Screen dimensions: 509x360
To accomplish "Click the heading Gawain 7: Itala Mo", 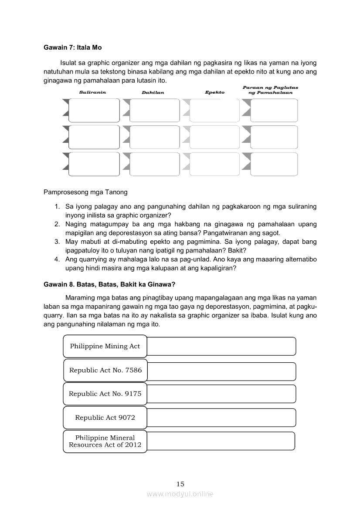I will click(x=72, y=47).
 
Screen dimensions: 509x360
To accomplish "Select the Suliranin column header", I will click(x=92, y=92).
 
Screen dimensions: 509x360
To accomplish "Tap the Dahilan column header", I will click(x=153, y=92).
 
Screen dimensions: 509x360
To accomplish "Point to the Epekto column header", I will click(x=214, y=92).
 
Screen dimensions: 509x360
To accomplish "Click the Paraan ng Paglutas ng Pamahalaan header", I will click(x=270, y=90).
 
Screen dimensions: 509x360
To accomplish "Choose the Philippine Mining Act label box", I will click(x=105, y=346).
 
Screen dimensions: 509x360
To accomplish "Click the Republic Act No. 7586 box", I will click(x=105, y=370).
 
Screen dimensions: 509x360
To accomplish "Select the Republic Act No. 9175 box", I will click(x=105, y=394).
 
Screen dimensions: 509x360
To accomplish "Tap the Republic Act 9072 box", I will click(x=105, y=418).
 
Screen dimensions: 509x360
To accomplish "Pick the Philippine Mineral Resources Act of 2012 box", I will click(x=105, y=442).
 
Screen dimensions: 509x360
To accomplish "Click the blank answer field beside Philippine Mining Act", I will click(x=221, y=346).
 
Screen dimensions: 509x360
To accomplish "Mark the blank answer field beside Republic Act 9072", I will click(x=221, y=418).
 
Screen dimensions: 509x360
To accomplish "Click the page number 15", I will click(x=180, y=484).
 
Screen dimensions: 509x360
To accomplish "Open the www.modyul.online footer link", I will click(x=180, y=494).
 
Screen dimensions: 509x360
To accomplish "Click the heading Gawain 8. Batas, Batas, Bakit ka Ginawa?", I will click(x=109, y=285).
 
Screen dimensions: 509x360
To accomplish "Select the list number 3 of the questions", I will click(x=57, y=241).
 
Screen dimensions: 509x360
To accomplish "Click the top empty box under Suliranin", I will click(x=94, y=110).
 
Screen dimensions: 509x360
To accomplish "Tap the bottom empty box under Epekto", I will click(x=215, y=164).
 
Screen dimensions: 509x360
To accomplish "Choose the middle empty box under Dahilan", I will click(x=154, y=137).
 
